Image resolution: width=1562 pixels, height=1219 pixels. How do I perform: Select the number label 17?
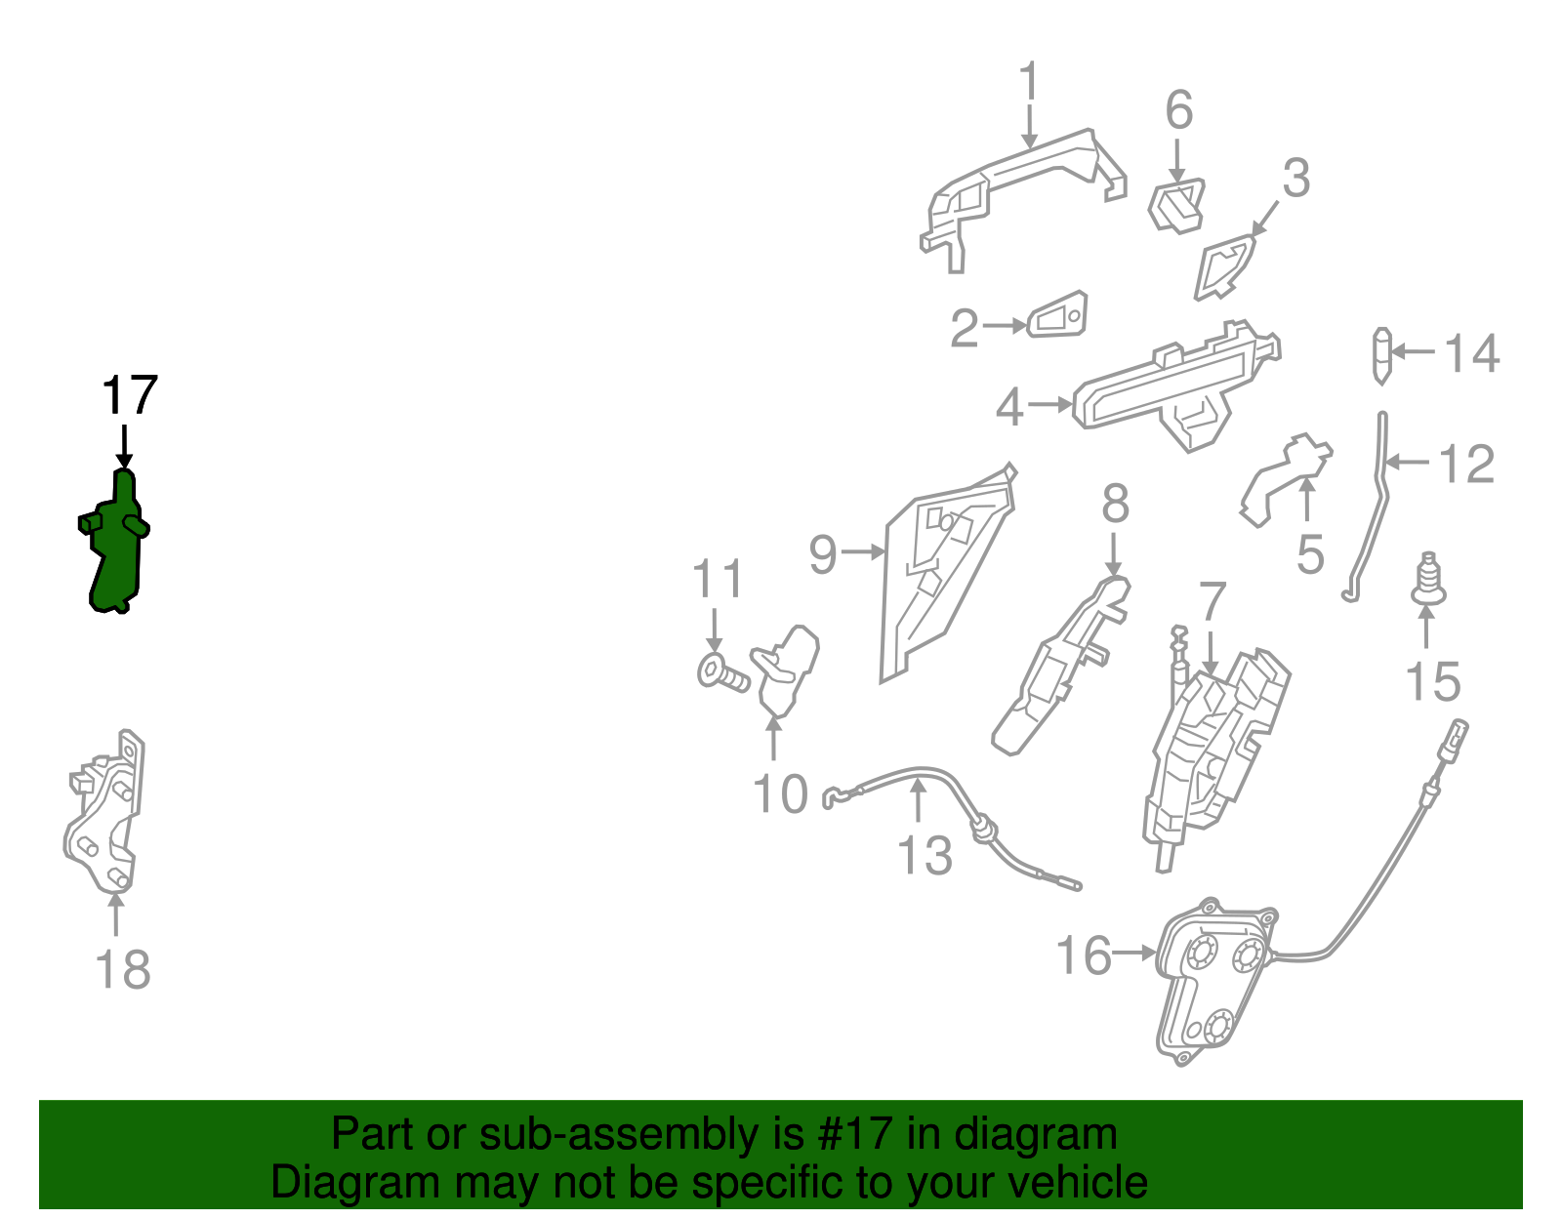point(129,396)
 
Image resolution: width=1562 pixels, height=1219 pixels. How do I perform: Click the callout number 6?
point(1178,109)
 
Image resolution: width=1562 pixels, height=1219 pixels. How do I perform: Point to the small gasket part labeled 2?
point(1057,315)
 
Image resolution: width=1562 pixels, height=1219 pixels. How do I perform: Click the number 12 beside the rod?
point(1466,464)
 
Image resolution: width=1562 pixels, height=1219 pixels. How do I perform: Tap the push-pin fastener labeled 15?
point(1427,580)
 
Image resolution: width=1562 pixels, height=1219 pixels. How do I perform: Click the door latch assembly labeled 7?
point(1215,752)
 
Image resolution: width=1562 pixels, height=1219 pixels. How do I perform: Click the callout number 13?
point(924,856)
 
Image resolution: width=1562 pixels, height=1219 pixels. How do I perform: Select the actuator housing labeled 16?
point(1211,986)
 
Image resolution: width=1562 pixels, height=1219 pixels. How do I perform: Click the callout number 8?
point(1115,505)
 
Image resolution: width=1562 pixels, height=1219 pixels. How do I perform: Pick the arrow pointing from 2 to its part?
point(1006,326)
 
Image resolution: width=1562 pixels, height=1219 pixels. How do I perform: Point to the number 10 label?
point(780,794)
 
